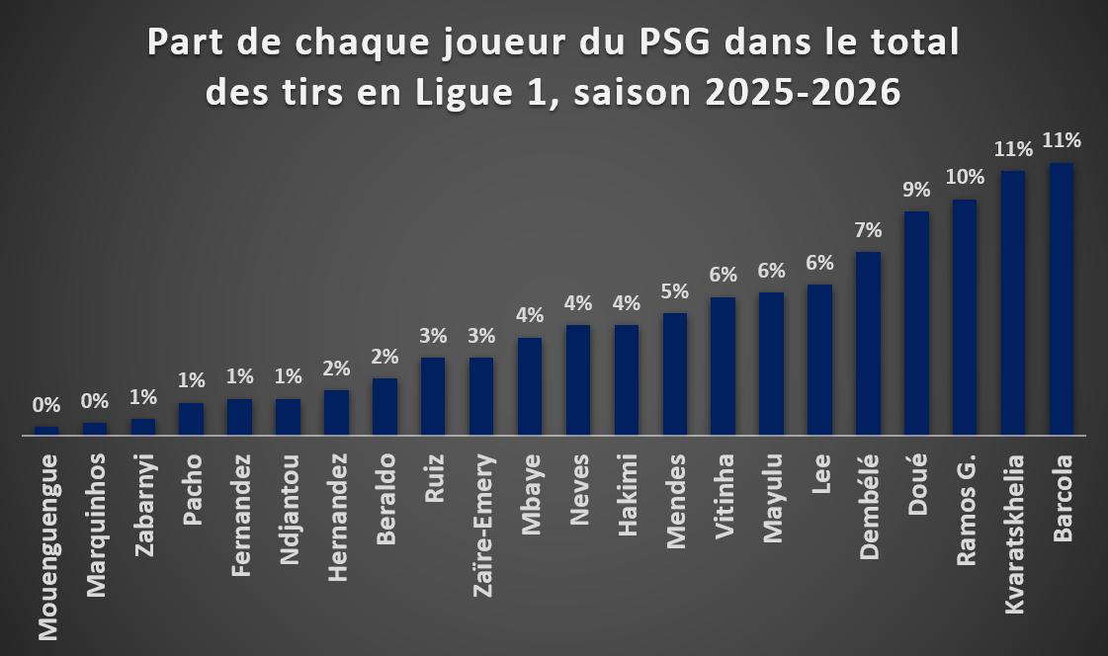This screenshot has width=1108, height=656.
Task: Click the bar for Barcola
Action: pos(1062,298)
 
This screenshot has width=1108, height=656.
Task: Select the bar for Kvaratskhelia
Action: pos(1013,303)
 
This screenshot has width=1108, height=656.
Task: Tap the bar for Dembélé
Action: pos(869,343)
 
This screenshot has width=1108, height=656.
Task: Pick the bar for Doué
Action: pos(916,323)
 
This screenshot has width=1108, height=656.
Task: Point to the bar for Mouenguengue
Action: pos(46,431)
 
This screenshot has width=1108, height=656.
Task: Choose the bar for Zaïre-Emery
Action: pos(482,396)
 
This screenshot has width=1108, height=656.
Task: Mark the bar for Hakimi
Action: pos(627,380)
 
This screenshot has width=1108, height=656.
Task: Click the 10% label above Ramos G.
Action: pos(965,177)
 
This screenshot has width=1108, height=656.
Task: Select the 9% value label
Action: pos(916,190)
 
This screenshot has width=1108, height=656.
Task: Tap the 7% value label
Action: pos(869,229)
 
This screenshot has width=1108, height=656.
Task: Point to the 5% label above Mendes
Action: pos(675,290)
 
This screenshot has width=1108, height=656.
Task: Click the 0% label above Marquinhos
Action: pos(95,401)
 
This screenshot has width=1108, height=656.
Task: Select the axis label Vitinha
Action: pos(724,496)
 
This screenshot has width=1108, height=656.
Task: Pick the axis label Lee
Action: pos(820,474)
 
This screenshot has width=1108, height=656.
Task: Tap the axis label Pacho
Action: pos(192,489)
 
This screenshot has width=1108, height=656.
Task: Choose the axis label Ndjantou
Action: pos(289,509)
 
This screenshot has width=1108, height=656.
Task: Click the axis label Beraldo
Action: pos(385,499)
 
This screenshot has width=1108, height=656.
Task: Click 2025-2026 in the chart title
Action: pos(804,93)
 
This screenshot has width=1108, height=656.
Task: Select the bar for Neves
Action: pos(578,380)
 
